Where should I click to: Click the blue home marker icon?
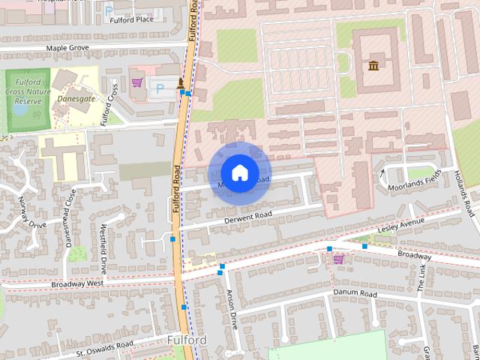coord(239,172)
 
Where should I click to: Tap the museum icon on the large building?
coord(373,66)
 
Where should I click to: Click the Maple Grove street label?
coord(67,48)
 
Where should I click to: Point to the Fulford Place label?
coord(131,19)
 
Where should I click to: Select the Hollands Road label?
coord(464,193)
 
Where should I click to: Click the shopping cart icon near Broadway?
coord(338,258)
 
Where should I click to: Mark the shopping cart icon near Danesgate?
coord(137,82)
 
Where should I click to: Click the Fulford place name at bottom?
coord(184,340)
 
